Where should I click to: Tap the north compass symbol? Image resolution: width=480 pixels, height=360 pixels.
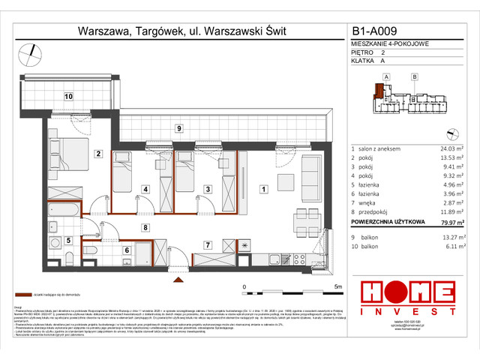coord(29,51)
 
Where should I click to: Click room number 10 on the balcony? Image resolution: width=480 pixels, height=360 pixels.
coord(67,96)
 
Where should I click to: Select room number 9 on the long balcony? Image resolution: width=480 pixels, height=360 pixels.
coord(179,128)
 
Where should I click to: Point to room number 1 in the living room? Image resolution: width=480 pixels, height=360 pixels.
coord(262,189)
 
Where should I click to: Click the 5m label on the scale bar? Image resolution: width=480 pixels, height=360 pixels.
coord(338,286)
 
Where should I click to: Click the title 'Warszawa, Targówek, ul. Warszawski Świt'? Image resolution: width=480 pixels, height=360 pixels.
coord(181,31)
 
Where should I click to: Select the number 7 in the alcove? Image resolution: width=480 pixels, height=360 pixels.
coord(207,244)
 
